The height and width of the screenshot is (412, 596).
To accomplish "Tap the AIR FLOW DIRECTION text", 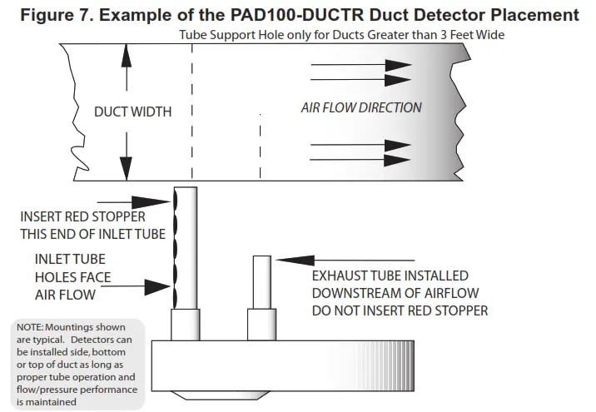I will [x=360, y=107].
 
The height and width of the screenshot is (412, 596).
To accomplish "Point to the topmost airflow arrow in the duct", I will [x=361, y=64].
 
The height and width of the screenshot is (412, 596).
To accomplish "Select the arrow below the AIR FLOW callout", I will [x=141, y=287].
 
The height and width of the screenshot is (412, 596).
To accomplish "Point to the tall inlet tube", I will [x=186, y=250].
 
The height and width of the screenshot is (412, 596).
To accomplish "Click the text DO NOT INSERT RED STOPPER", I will [x=400, y=310].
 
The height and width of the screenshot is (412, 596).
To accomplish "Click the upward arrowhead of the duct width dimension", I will [x=126, y=52].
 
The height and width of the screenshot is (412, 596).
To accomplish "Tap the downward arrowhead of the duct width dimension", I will [x=126, y=171].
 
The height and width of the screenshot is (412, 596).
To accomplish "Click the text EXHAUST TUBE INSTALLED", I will [x=389, y=275].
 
